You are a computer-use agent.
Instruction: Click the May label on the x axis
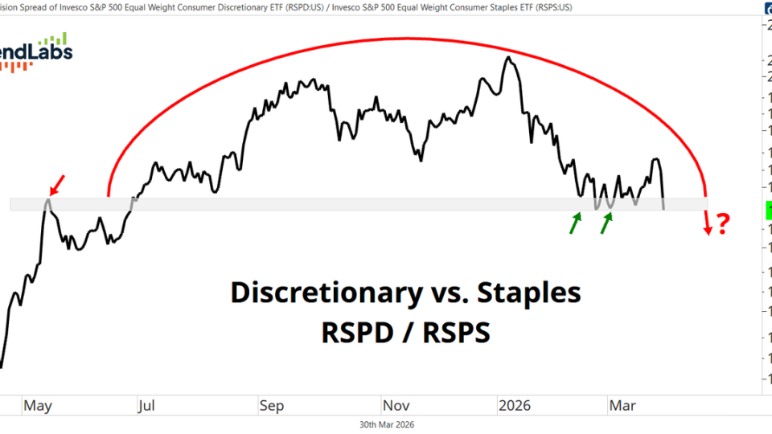[38, 406]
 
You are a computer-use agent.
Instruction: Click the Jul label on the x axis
[146, 406]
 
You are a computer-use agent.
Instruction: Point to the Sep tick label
[271, 406]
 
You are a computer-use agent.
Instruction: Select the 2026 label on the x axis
[515, 406]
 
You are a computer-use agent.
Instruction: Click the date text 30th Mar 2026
[386, 424]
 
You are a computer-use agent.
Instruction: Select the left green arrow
[576, 223]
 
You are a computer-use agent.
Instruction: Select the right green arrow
[606, 223]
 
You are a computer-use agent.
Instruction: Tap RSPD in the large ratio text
[356, 330]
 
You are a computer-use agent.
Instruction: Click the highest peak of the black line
[507, 58]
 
